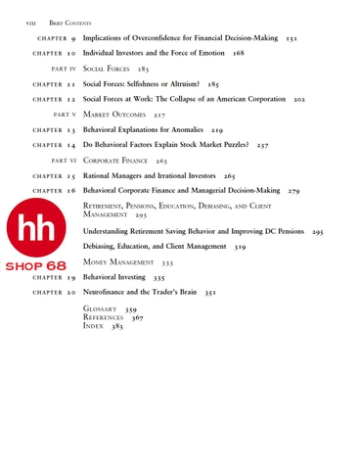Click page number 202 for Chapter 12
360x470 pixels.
pyautogui.click(x=299, y=100)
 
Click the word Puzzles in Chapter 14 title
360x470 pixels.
pyautogui.click(x=228, y=144)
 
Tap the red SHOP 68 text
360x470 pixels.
pyautogui.click(x=36, y=266)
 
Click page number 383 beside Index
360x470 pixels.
pyautogui.click(x=117, y=327)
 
